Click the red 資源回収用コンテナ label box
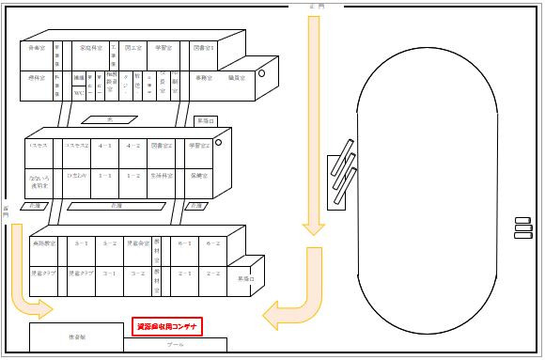(x=167, y=326)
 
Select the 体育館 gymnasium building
(x=76, y=336)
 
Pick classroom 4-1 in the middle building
(x=106, y=147)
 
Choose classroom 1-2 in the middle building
(x=133, y=175)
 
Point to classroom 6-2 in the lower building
(x=212, y=243)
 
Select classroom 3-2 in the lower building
(x=137, y=273)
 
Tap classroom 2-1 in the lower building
(x=185, y=273)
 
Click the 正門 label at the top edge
(x=315, y=7)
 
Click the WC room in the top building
(x=79, y=92)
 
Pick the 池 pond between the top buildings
(x=110, y=119)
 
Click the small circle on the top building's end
(x=263, y=73)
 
